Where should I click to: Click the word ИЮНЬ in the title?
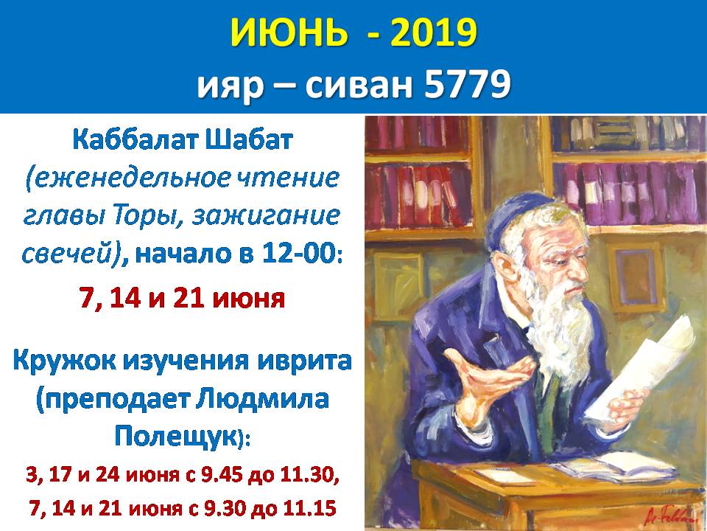tap(289, 33)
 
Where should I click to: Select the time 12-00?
tap(294, 254)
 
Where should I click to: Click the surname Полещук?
tap(175, 437)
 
